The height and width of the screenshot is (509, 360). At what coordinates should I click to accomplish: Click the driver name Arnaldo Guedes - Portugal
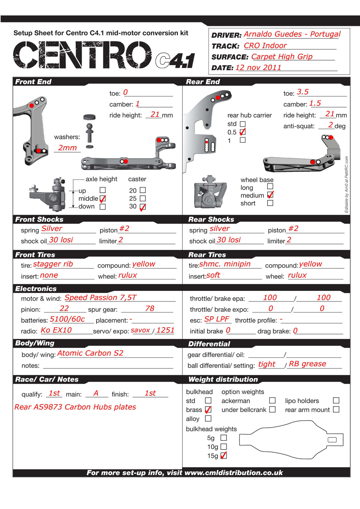tap(292, 34)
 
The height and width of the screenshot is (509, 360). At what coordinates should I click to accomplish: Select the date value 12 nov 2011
tap(258, 67)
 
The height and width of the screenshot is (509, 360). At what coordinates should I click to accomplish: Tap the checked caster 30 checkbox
tap(143, 207)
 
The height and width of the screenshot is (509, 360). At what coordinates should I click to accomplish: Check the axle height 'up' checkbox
tap(102, 191)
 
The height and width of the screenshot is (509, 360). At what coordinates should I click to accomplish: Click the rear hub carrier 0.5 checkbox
tap(243, 132)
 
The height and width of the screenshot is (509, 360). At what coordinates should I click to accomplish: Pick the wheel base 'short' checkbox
tap(270, 203)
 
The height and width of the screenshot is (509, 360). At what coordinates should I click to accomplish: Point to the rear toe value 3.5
tap(303, 92)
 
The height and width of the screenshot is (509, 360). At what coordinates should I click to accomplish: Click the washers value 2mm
tap(67, 148)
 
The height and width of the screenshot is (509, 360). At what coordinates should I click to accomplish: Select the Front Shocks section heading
tap(39, 219)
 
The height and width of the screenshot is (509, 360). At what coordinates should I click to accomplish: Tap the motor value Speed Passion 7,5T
tap(100, 298)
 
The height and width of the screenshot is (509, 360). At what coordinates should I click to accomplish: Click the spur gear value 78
tap(150, 309)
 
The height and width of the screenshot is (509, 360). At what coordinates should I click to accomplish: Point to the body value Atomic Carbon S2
tap(90, 353)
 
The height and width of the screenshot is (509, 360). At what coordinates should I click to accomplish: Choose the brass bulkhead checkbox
tap(208, 409)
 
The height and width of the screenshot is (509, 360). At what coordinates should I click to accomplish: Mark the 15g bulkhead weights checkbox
tap(224, 456)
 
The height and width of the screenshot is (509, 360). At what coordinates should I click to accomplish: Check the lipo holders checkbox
tap(336, 400)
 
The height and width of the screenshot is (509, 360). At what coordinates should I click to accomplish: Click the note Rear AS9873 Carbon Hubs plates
tap(75, 407)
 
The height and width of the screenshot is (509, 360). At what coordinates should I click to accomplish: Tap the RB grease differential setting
tap(307, 364)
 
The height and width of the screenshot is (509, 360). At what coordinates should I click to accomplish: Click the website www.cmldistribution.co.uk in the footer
tap(234, 473)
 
